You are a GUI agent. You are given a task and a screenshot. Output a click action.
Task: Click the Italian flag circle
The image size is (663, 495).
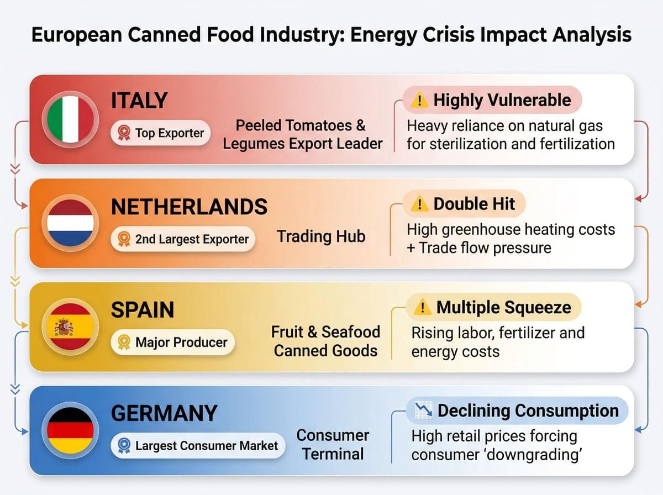point(70,119)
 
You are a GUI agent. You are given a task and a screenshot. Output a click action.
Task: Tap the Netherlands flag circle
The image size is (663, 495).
point(70,223)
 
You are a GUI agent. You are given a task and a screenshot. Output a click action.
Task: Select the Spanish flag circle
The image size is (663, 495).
point(70,327)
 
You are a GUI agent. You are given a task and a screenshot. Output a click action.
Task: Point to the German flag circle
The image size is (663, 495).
point(70,431)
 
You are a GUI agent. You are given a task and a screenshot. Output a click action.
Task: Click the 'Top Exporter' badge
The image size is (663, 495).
point(161,133)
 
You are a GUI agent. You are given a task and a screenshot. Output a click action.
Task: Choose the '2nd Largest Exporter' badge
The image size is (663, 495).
point(183,239)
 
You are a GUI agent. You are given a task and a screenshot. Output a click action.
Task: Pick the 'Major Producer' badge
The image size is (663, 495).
point(172,342)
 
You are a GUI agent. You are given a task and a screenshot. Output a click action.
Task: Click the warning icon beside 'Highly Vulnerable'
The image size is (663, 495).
point(420,101)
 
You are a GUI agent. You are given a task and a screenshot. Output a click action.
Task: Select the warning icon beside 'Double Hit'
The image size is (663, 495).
point(420,204)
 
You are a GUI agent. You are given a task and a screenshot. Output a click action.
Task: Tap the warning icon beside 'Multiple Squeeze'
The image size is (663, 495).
point(423,308)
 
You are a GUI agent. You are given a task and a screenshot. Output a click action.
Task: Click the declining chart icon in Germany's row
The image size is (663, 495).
point(423,411)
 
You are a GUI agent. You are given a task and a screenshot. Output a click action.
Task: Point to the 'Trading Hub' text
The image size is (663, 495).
point(321,236)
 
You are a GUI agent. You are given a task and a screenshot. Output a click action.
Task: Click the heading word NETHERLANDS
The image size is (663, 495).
point(190,207)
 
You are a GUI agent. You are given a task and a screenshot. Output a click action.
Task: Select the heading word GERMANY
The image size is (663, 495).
point(164,414)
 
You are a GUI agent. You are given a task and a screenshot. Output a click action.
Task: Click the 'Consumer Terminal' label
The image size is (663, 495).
point(333,444)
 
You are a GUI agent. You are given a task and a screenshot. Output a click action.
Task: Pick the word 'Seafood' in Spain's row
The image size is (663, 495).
point(351,331)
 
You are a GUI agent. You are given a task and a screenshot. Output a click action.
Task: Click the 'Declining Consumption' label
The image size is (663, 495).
point(528,411)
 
